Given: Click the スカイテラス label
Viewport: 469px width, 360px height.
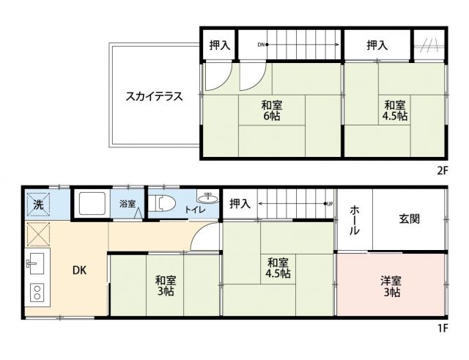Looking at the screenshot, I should [x=153, y=96].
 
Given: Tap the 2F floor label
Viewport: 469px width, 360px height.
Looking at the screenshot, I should [x=441, y=170].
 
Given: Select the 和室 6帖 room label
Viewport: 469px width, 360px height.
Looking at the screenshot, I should [x=270, y=111].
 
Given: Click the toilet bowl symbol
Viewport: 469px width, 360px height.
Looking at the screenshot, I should [x=165, y=204].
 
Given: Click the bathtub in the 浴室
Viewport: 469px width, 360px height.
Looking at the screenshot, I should [x=93, y=203].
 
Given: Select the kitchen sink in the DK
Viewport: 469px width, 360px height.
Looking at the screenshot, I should [x=34, y=261].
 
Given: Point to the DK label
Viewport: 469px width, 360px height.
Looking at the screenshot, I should [x=79, y=270].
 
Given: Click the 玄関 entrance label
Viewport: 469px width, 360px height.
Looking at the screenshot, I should [x=410, y=218].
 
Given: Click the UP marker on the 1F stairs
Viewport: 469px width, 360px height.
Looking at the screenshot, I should [x=330, y=204].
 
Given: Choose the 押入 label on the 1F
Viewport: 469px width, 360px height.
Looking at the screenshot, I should [x=240, y=204].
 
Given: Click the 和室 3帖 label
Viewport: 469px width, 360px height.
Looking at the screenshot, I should [x=165, y=285].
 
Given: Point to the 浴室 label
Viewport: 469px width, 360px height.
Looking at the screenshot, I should [x=128, y=204].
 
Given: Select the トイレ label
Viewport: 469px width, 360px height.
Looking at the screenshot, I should [x=194, y=210].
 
